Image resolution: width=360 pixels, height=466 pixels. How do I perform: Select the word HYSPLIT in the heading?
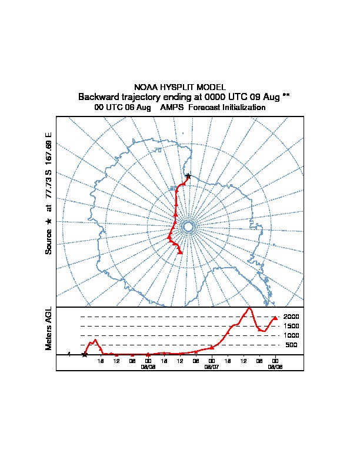(x=176, y=87)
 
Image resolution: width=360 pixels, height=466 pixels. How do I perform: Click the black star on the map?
(x=188, y=176)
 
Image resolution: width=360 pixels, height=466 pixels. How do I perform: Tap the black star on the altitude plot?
(x=85, y=354)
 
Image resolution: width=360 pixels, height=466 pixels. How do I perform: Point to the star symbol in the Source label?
(x=49, y=221)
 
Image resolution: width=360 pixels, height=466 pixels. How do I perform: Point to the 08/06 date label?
(x=148, y=367)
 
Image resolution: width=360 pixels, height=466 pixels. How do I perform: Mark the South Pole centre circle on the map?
(x=188, y=227)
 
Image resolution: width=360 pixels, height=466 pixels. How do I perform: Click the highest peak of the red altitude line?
(x=249, y=308)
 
